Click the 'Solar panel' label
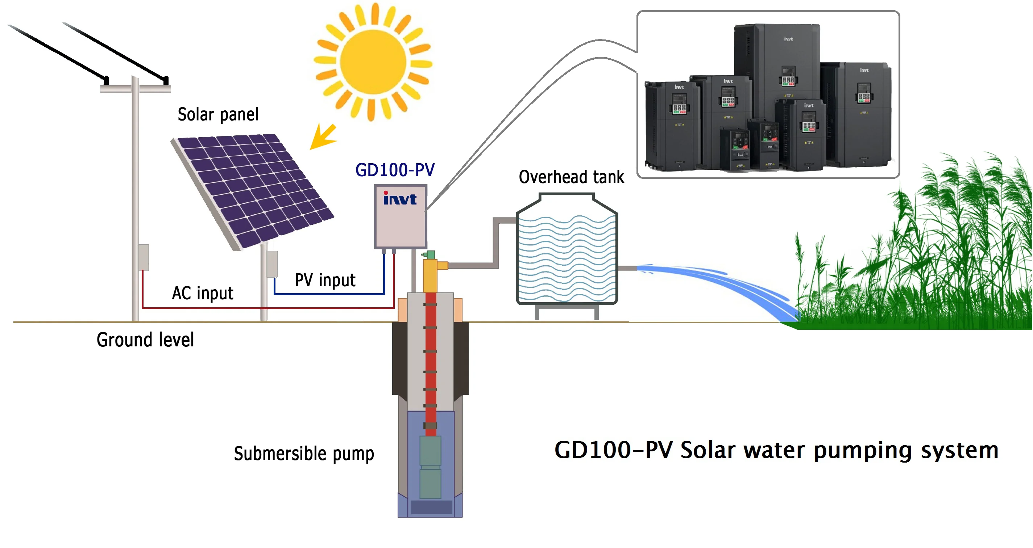218,115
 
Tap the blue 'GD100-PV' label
395,170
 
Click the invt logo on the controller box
399,199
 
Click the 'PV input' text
325,280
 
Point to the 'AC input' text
203,293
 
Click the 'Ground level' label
145,340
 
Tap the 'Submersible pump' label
304,454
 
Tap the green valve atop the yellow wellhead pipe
430,255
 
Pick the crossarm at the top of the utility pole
136,89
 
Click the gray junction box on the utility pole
143,257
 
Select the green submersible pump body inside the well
430,467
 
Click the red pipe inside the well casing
431,361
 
